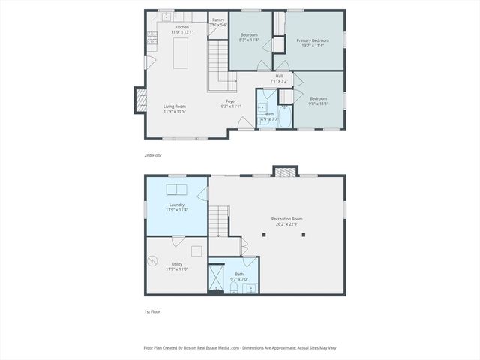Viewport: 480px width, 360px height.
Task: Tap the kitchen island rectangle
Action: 180,54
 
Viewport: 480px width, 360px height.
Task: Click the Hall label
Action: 279,78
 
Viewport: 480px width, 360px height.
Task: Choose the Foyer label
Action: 232,103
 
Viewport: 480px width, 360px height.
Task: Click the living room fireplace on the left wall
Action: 140,100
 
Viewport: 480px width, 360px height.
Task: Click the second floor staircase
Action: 218,64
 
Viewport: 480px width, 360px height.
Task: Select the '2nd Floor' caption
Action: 152,155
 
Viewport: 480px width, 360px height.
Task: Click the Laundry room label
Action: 177,207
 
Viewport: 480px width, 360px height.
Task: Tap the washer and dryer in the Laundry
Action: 177,189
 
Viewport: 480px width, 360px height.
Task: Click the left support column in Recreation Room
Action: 264,234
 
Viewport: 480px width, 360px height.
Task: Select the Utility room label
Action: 177,266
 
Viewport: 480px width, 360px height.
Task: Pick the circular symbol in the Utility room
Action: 153,261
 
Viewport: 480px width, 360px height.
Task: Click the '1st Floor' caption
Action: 152,311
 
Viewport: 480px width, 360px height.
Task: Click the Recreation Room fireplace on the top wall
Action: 283,172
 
